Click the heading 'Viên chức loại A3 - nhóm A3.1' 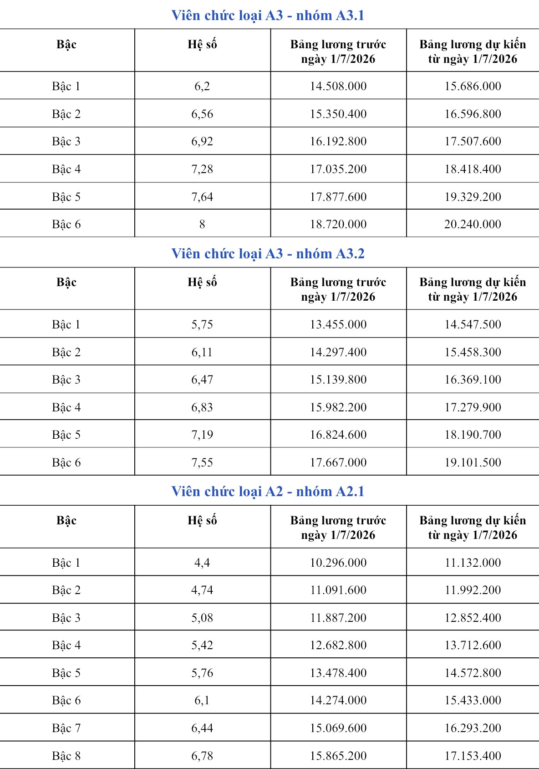point(268,15)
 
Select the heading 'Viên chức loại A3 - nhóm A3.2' point(268,254)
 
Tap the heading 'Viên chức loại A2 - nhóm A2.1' point(268,492)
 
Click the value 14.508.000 point(338,86)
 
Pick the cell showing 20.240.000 point(473,224)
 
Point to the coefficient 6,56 point(202,114)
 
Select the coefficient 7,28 point(202,169)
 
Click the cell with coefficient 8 point(202,224)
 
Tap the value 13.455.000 point(338,324)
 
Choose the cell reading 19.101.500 point(473,462)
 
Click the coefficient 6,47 point(202,379)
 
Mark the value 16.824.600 point(338,435)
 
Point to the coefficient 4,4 point(202,563)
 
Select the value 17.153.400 point(473,756)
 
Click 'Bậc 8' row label point(66,756)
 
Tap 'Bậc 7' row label point(66,728)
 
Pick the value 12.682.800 point(338,645)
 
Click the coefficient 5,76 point(202,673)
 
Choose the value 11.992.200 point(473,590)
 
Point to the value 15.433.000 point(473,700)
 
